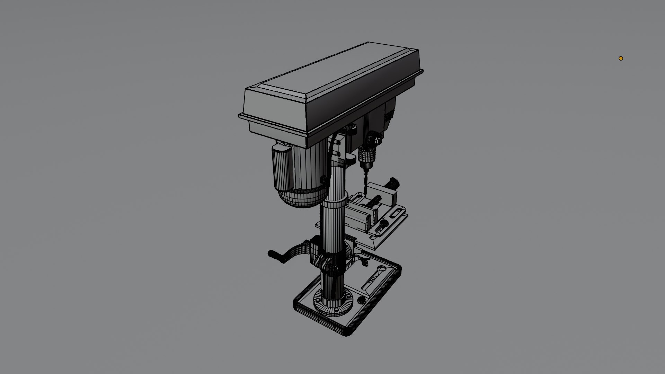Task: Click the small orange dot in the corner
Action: (621, 58)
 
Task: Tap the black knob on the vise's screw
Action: (393, 181)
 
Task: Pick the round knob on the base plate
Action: (362, 300)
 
